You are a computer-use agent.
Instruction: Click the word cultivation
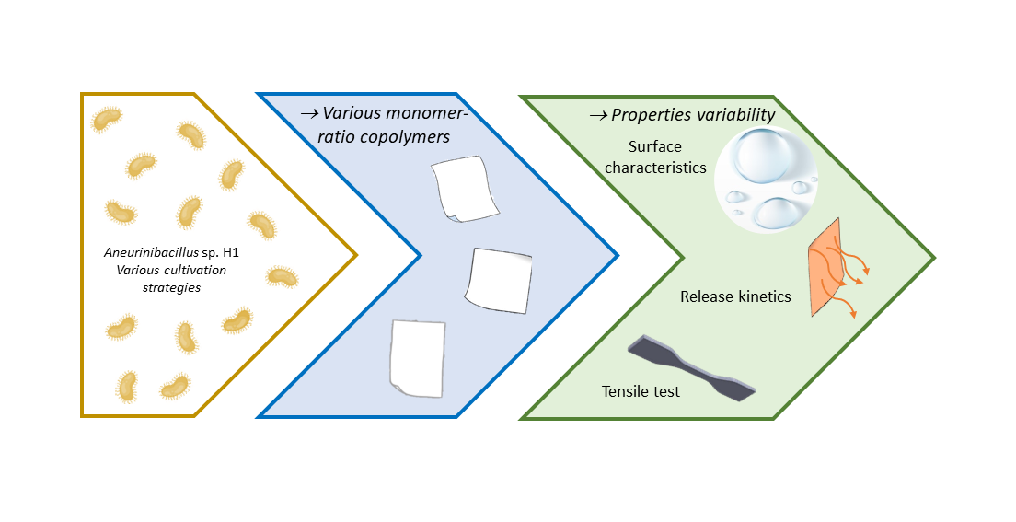tap(190, 270)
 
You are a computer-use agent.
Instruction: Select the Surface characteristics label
tap(654, 157)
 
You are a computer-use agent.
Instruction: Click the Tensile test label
tap(641, 391)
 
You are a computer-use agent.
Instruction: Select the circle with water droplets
tap(767, 179)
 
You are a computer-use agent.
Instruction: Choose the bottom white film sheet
tap(417, 357)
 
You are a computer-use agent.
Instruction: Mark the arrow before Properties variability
tap(598, 115)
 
